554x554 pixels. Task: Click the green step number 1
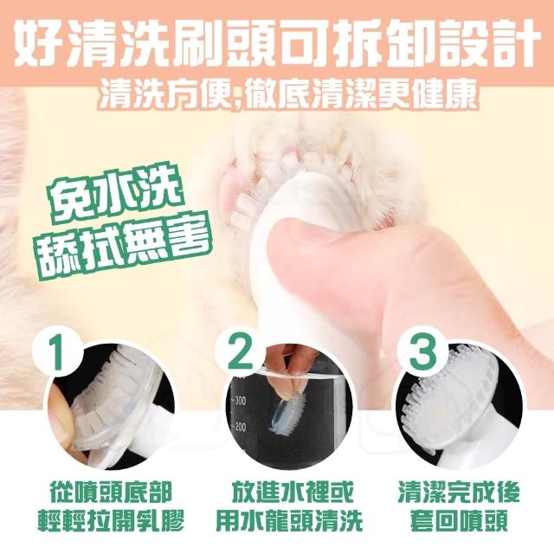coord(58,352)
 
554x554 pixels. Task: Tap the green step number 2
coord(241,352)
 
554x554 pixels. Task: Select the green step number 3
coord(422,352)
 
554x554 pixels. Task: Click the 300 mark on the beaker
coord(241,401)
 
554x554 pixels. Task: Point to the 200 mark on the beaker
coord(241,427)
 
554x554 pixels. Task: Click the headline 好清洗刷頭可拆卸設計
coord(277,43)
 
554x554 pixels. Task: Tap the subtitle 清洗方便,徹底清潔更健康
coord(288,94)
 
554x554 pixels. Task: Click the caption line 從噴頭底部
coord(112,492)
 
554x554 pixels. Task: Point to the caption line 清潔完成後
coord(460,492)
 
